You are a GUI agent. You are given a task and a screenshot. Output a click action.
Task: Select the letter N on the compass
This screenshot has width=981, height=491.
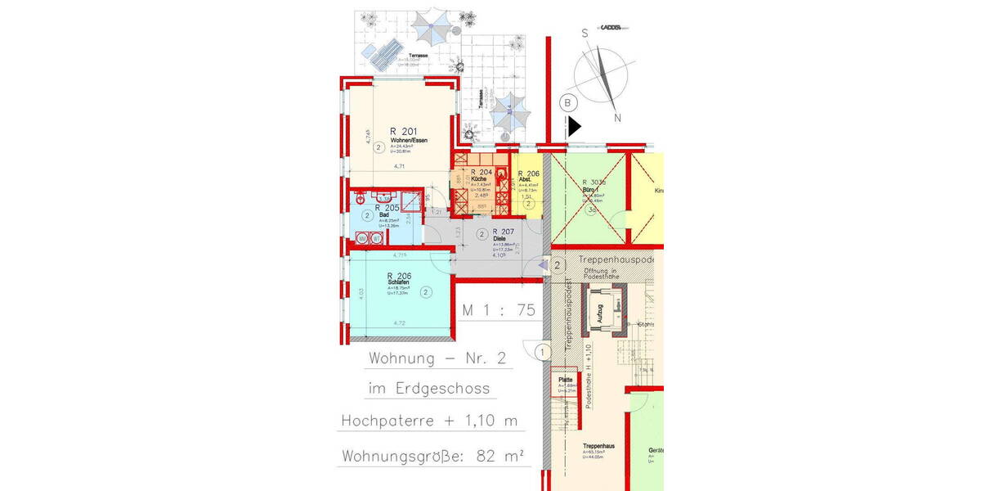[618, 118]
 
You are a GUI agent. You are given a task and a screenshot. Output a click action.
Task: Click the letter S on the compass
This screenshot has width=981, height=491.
[585, 34]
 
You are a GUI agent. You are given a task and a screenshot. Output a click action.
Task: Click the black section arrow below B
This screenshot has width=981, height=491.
[575, 127]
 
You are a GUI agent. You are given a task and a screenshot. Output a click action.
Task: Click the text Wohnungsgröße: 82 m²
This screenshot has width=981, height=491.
[433, 455]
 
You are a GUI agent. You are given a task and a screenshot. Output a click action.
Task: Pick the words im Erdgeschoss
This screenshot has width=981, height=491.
[430, 390]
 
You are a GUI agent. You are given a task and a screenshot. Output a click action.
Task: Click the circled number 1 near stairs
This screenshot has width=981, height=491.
[541, 353]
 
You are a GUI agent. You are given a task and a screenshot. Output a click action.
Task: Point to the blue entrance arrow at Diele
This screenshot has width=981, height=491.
[544, 265]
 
